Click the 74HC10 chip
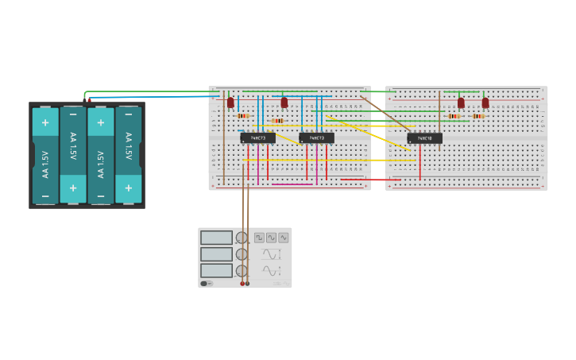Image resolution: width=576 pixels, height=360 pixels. pyautogui.click(x=424, y=138)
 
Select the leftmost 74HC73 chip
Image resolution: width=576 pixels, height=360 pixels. pyautogui.click(x=257, y=138)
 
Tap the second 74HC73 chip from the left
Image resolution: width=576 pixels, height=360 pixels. pyautogui.click(x=316, y=138)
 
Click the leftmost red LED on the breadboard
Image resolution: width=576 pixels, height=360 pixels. pyautogui.click(x=230, y=103)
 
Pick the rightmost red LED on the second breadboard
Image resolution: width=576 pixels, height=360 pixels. pyautogui.click(x=485, y=103)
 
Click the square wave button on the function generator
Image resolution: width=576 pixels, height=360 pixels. pyautogui.click(x=259, y=238)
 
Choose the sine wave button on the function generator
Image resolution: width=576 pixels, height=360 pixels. pyautogui.click(x=271, y=238)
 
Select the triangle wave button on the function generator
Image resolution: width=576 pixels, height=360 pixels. pyautogui.click(x=284, y=238)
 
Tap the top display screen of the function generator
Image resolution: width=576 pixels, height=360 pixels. pyautogui.click(x=216, y=238)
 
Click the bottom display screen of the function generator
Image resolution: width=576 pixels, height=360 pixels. pyautogui.click(x=216, y=270)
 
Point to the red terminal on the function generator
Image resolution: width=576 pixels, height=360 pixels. pyautogui.click(x=242, y=284)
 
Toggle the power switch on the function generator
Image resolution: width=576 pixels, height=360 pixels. pyautogui.click(x=205, y=284)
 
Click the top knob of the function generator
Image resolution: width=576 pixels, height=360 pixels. pyautogui.click(x=242, y=238)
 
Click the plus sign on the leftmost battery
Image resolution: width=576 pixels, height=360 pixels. pyautogui.click(x=45, y=122)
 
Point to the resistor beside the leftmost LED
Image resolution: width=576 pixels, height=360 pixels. pyautogui.click(x=242, y=116)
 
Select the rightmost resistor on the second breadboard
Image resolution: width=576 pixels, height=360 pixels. pyautogui.click(x=478, y=116)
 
